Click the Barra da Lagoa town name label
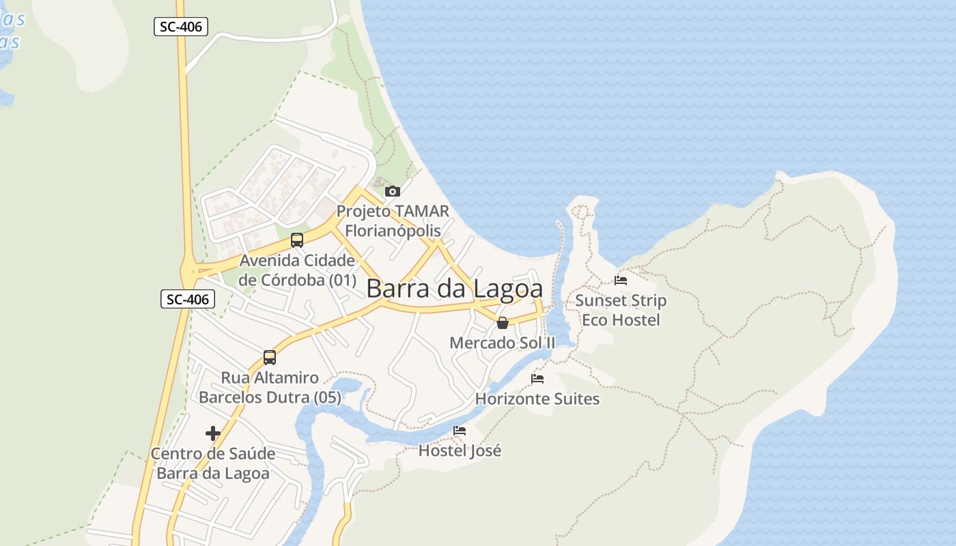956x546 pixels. click(454, 289)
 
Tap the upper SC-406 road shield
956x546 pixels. click(180, 27)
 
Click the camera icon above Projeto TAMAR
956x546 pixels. click(393, 191)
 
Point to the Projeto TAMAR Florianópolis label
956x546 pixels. click(393, 221)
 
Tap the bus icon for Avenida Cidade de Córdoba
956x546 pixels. click(297, 240)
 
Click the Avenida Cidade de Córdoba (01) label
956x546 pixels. click(297, 270)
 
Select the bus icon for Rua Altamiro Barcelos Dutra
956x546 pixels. click(270, 358)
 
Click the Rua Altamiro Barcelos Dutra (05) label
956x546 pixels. click(270, 388)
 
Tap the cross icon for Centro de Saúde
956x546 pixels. click(213, 433)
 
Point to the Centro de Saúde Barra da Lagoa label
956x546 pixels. click(213, 463)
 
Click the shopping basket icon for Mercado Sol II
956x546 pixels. click(503, 323)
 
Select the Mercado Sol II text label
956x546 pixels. click(503, 343)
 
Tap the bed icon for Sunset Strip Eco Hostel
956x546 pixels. click(621, 281)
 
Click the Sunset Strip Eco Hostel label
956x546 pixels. click(621, 310)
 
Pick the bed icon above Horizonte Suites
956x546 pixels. click(537, 379)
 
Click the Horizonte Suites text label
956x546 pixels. click(537, 399)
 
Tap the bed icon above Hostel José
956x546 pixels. click(460, 431)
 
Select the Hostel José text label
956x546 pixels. click(460, 450)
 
